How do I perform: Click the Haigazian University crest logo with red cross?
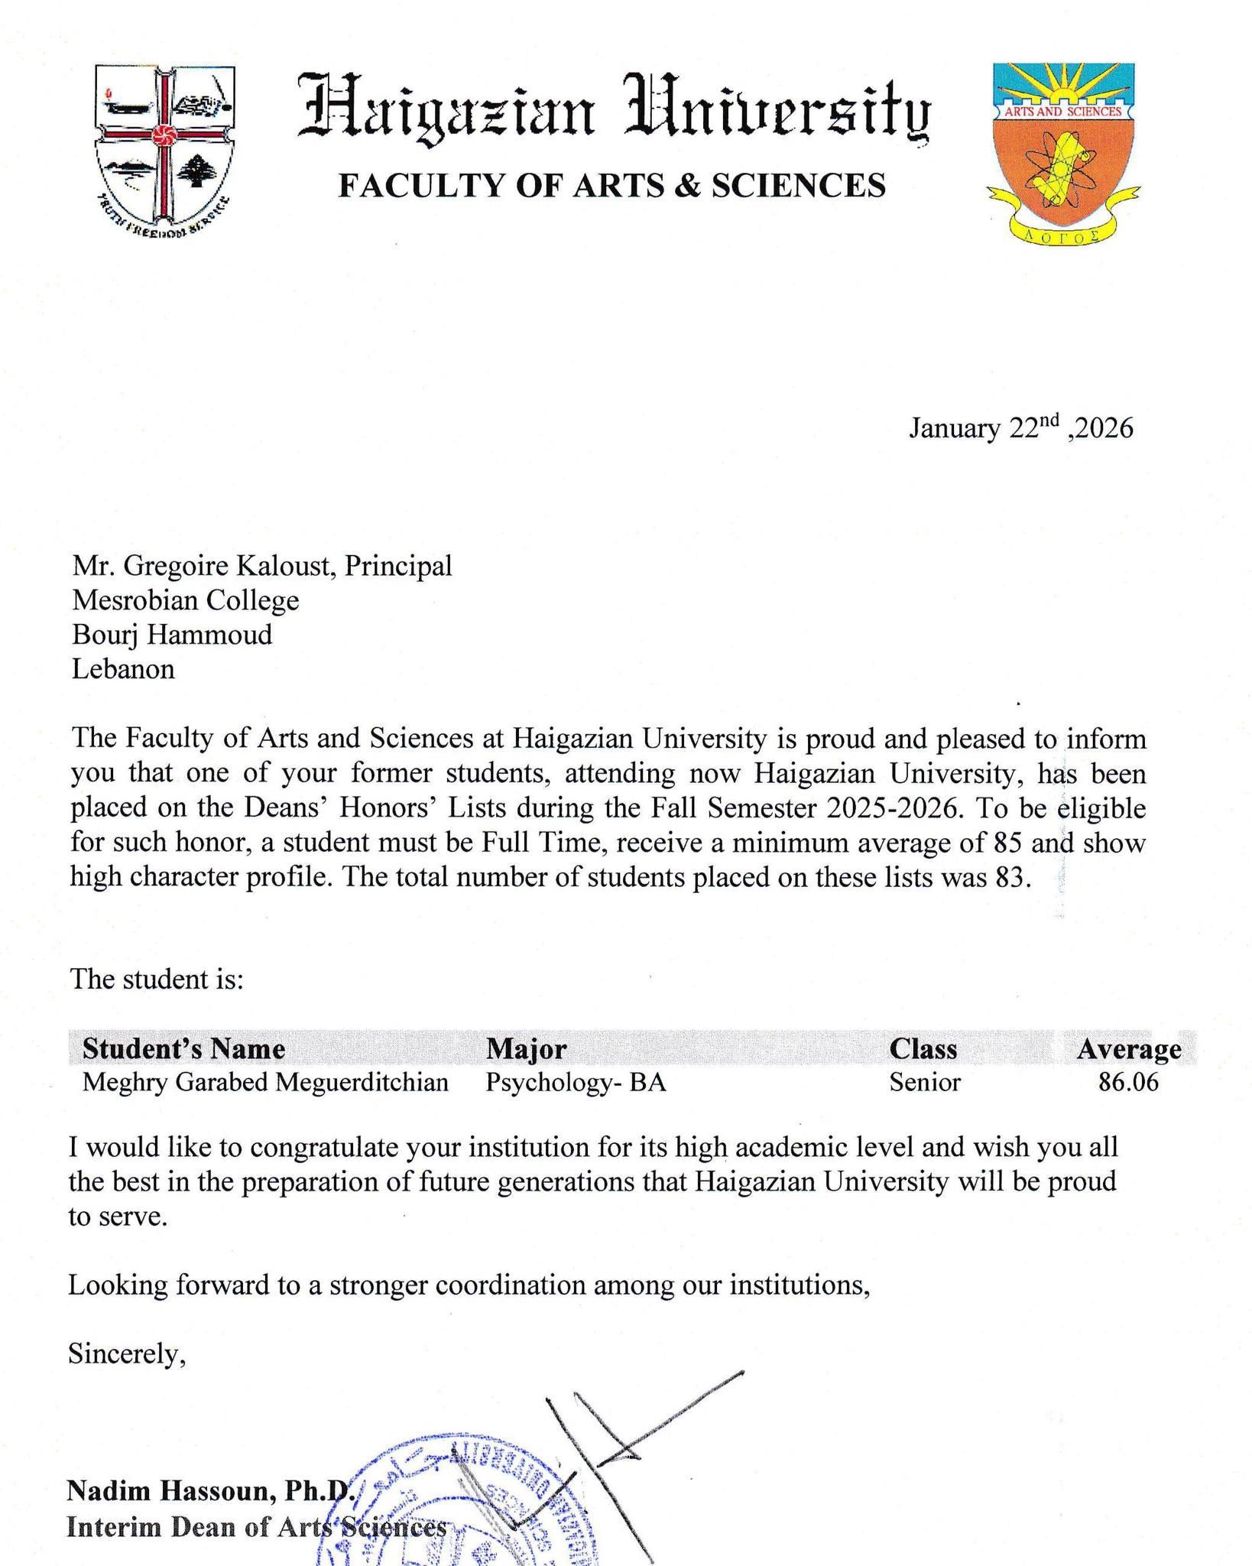coord(164,150)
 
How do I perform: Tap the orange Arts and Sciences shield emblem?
coord(1063,150)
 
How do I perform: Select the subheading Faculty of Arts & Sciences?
coord(611,186)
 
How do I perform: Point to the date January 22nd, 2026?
coord(1020,428)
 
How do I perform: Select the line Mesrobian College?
coord(186,600)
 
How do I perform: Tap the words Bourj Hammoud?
coord(172,635)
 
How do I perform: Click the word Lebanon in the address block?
coord(123,669)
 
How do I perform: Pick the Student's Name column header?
coord(183,1048)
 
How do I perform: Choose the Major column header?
coord(526,1048)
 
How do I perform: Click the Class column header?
coord(923,1048)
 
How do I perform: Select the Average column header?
coord(1128,1048)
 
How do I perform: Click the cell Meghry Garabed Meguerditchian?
coord(265,1083)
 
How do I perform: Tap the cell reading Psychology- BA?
coord(576,1083)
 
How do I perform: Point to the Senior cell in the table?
coord(924,1083)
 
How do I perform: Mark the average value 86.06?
coord(1128,1083)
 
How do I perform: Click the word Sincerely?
coord(127,1354)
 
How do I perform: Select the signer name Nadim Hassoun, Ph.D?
coord(210,1491)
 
